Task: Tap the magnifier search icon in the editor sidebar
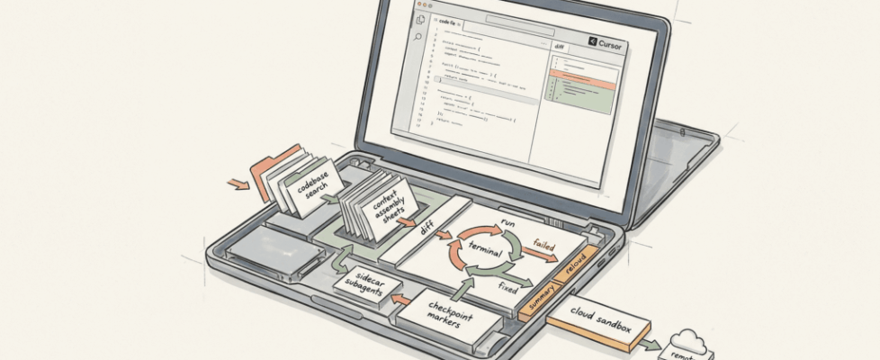pyautogui.click(x=418, y=37)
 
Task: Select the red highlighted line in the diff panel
pyautogui.click(x=585, y=85)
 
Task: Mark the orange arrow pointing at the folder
pyautogui.click(x=238, y=184)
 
